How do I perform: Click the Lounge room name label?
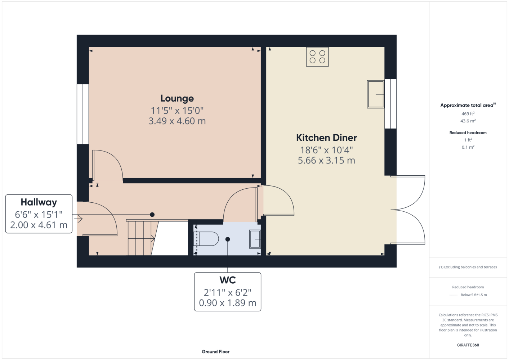pos(177,99)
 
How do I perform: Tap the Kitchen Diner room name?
pos(326,138)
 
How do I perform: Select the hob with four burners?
pos(317,57)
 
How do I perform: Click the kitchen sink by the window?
pos(376,94)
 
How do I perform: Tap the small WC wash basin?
pos(255,239)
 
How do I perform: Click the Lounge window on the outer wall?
pos(83,114)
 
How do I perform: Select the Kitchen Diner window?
pos(390,104)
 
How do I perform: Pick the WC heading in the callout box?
pos(228,280)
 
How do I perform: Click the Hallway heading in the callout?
pos(39,202)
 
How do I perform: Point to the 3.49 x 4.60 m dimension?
pos(177,121)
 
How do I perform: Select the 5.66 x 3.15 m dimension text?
pos(326,160)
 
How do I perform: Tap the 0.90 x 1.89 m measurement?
pos(228,303)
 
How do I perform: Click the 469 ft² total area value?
pos(468,113)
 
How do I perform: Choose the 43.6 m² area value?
pos(468,121)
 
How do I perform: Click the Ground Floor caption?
pos(216,352)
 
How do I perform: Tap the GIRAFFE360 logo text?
pos(468,345)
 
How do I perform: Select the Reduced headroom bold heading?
pos(468,132)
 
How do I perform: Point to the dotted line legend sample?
pos(453,295)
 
